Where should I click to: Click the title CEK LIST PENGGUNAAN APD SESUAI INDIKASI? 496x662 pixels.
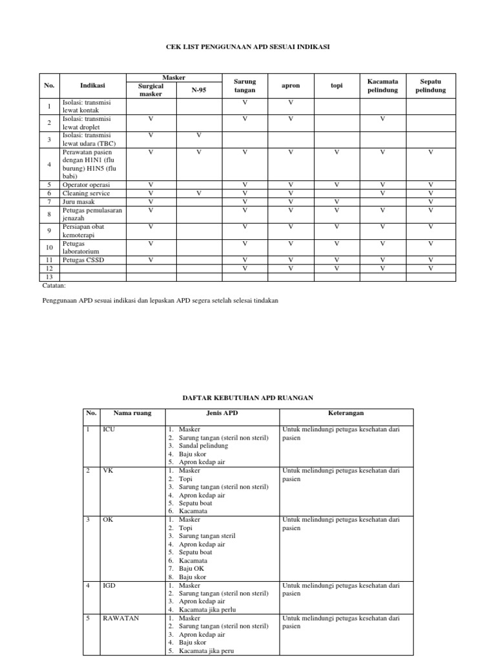point(248,47)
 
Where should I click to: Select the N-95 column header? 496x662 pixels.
point(199,90)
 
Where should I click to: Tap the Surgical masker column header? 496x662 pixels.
point(151,90)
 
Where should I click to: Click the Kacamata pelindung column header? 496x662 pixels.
point(382,86)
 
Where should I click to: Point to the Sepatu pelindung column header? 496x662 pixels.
point(431,86)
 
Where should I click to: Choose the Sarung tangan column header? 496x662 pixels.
point(245,86)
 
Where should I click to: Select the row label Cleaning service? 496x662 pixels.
point(86,193)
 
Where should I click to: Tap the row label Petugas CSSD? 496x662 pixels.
point(83,260)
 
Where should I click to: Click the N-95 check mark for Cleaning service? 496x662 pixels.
point(199,193)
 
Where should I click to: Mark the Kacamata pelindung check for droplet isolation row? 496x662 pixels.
point(382,119)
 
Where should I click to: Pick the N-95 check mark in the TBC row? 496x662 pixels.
point(199,135)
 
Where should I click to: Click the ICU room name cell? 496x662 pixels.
point(108,429)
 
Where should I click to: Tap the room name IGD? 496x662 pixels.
point(108,586)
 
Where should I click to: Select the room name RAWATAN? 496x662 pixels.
point(121,618)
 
